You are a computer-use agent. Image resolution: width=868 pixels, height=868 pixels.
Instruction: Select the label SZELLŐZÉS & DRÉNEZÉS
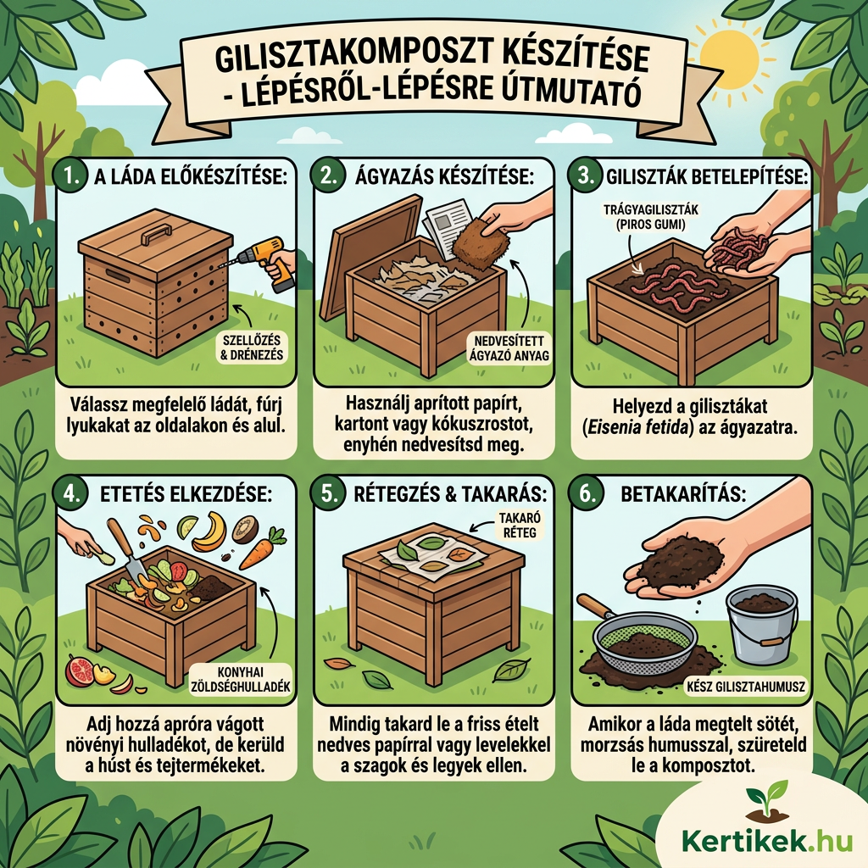coord(251,347)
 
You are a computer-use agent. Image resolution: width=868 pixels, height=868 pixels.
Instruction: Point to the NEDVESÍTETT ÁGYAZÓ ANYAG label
coord(509,348)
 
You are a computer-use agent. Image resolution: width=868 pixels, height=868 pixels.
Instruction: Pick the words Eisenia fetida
coord(637,428)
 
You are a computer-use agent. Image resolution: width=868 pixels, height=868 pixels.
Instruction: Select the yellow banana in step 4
coord(210,531)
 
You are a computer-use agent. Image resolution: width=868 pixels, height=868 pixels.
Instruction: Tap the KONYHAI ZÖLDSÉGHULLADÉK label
coord(240,679)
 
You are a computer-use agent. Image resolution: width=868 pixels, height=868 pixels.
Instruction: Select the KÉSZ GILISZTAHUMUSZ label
coord(746,687)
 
